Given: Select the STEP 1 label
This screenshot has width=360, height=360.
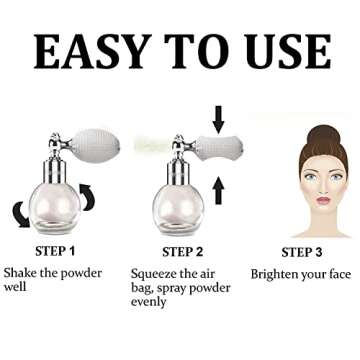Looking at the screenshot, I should coord(42,251).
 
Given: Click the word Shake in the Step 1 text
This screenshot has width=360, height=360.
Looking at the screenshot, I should coord(23,273).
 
